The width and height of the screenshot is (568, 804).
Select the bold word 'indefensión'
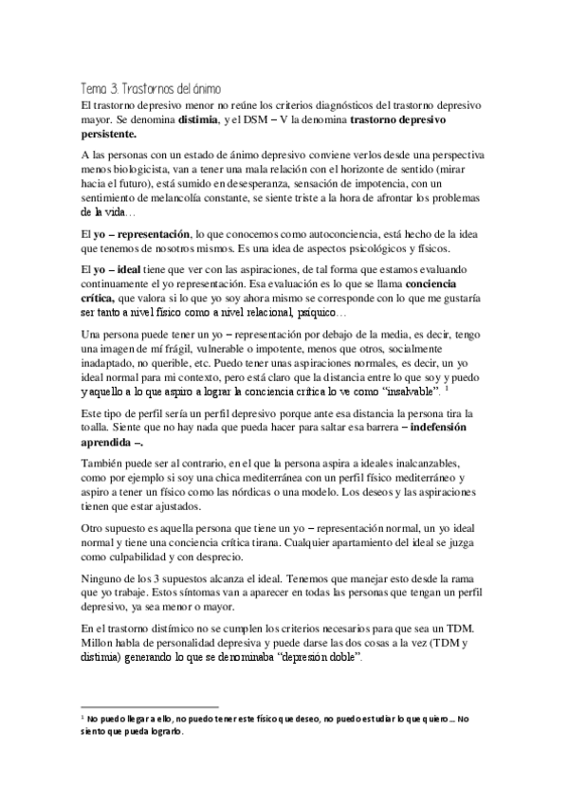(x=447, y=429)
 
